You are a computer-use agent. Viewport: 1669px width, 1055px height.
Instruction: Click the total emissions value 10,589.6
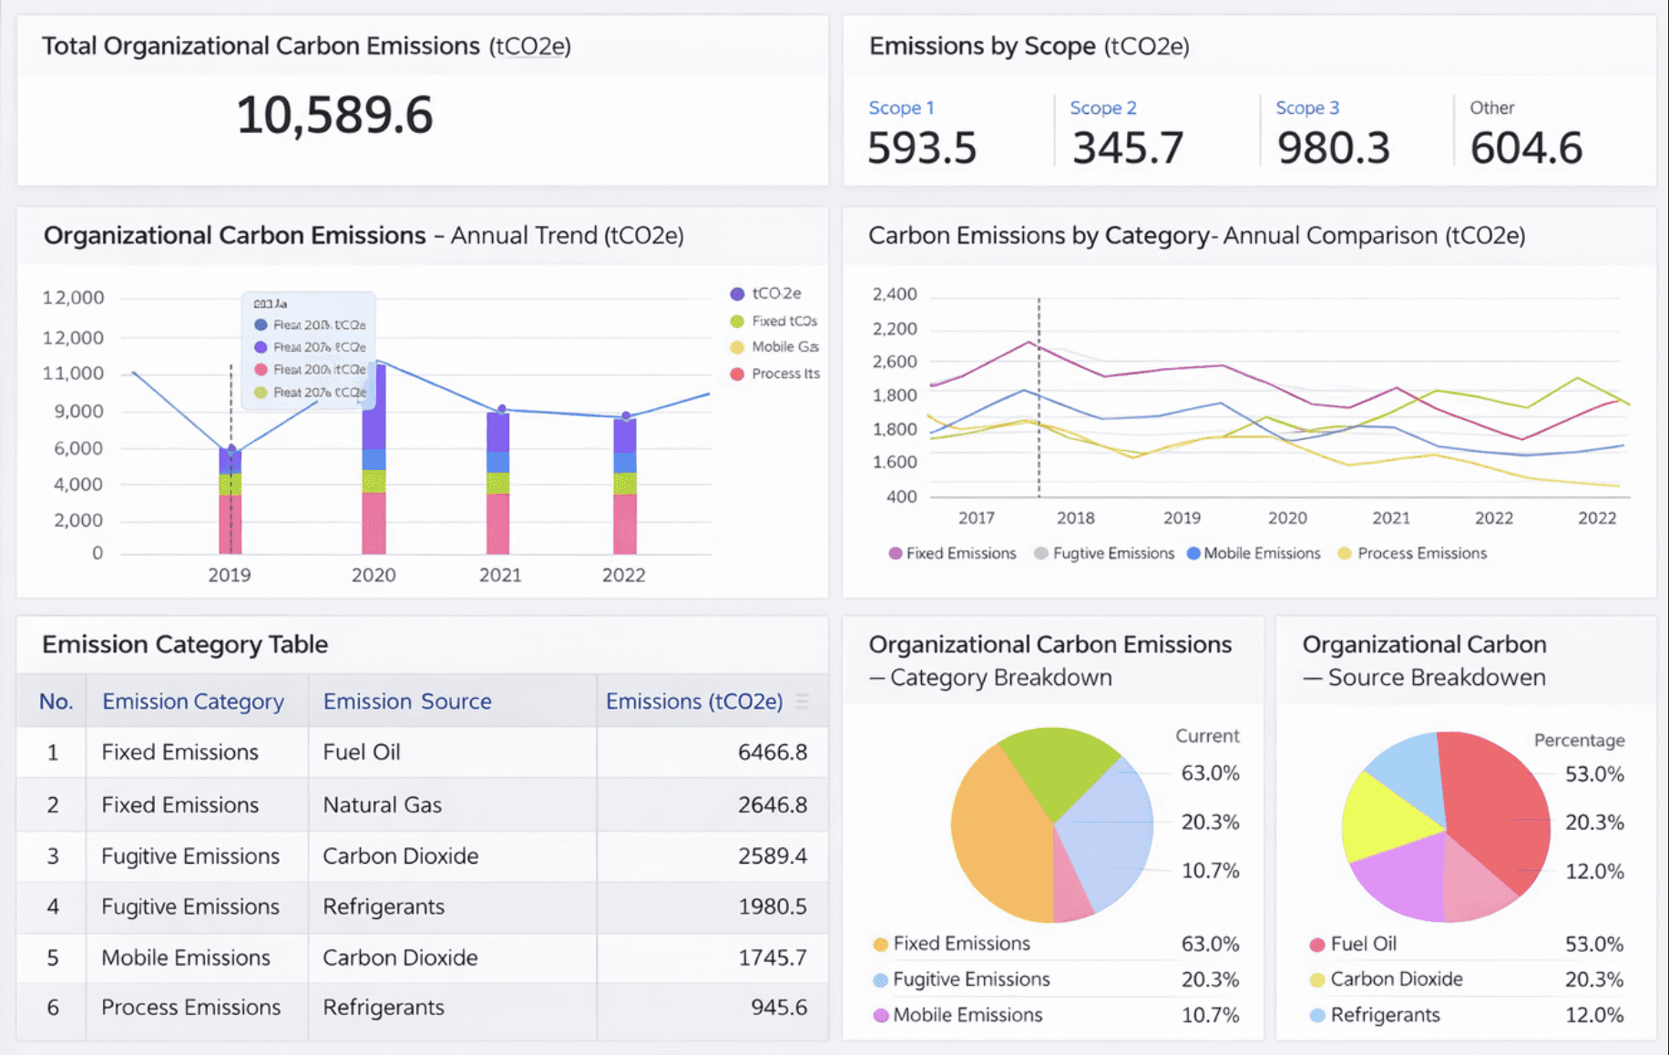coord(334,116)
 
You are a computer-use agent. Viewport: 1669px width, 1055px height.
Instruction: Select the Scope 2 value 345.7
coord(1128,148)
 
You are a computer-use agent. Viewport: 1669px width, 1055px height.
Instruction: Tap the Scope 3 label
coord(1307,108)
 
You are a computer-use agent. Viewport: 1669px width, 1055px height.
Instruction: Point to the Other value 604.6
coord(1526,148)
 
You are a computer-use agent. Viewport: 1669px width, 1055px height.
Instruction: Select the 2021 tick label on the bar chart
coord(500,575)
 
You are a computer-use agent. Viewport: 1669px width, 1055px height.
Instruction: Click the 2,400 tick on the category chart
coord(894,294)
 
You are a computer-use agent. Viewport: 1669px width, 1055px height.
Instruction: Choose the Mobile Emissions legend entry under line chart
coord(1254,553)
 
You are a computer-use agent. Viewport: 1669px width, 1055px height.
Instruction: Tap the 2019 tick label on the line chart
coord(1182,517)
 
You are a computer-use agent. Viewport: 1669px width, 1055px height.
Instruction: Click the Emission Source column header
coord(407,701)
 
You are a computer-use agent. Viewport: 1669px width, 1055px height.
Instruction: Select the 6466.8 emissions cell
coord(772,752)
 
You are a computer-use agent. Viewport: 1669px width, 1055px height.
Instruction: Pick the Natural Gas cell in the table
coord(383,804)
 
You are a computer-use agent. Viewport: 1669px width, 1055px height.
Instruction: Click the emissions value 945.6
coord(778,1007)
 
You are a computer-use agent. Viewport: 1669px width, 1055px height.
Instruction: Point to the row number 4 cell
coord(53,906)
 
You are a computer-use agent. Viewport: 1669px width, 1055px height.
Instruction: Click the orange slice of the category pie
coord(998,838)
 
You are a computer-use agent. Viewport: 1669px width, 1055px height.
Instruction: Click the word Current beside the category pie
coord(1207,735)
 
